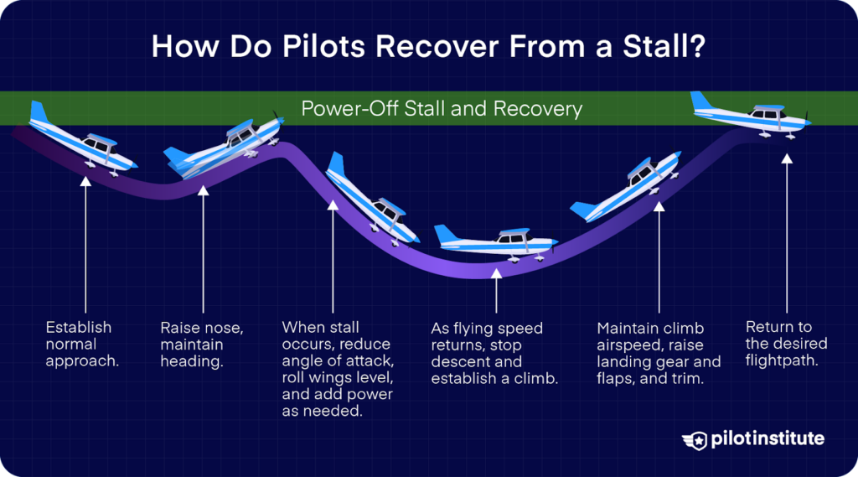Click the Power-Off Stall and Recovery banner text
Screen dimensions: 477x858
(442, 109)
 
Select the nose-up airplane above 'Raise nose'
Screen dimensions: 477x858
(223, 148)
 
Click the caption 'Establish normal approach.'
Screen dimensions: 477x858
(79, 344)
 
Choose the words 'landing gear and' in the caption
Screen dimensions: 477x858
(659, 362)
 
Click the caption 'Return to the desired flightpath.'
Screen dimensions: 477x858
(786, 344)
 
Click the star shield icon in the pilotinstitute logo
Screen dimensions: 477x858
(695, 440)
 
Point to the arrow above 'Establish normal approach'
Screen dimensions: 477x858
(85, 243)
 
